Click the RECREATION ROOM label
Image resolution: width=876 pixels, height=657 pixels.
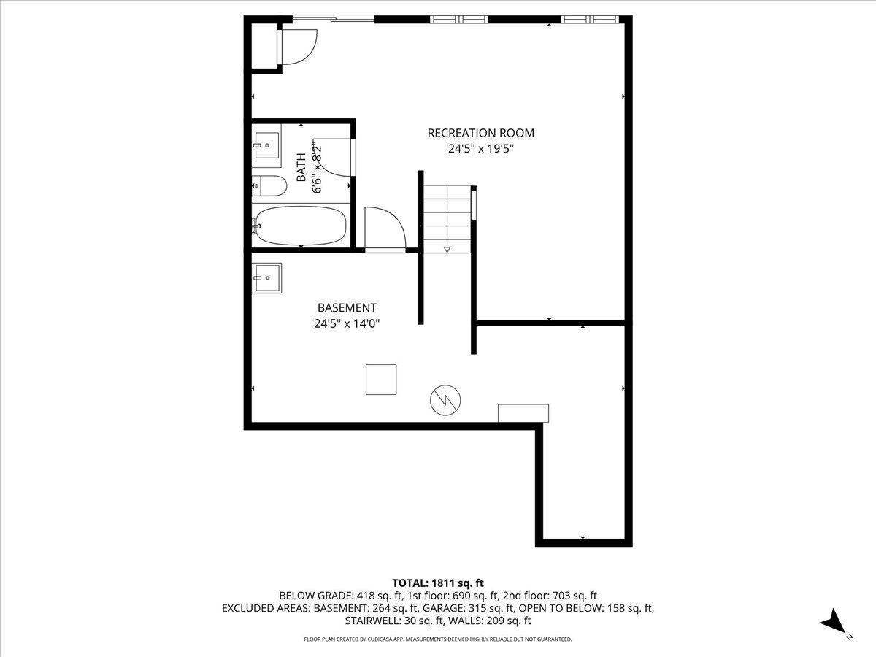coord(480,133)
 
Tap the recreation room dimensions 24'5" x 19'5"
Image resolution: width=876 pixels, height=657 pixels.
coord(480,148)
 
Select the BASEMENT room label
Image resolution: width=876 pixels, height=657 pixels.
coord(347,308)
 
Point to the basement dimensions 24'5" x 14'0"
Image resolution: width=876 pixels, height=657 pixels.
coord(347,323)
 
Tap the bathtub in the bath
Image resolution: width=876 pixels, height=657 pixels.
coord(299,226)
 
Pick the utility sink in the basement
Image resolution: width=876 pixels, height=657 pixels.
coord(266,277)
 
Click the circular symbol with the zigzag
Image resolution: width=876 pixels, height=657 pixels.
coord(445,399)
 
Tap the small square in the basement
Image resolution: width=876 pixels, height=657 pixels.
coord(381,379)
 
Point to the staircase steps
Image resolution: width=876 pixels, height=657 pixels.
coord(447,216)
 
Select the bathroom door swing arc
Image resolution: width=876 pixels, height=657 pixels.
coord(334,157)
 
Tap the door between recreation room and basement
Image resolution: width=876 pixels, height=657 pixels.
coord(385,229)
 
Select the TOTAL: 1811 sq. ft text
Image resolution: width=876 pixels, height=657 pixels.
coord(438,583)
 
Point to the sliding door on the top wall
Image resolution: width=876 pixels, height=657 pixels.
coord(334,18)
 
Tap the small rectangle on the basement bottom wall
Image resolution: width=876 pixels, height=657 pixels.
coord(523,413)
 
